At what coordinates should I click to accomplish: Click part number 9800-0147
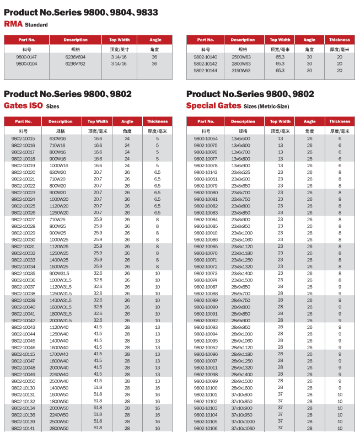pos(26,57)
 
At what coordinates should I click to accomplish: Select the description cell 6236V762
pos(76,63)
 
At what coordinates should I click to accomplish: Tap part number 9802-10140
pos(206,57)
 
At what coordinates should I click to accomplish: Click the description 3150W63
pos(241,71)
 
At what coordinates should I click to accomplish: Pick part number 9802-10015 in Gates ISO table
pos(23,138)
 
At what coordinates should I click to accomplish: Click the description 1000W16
pos(59,166)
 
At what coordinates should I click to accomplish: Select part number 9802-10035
pos(23,274)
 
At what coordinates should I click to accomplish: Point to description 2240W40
pos(59,374)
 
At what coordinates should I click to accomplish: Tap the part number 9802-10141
pos(23,428)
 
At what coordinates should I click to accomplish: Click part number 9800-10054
pos(206,138)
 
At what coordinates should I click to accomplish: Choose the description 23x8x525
pos(241,172)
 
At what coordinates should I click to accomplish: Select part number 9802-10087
pos(206,287)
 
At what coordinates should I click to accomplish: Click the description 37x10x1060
pos(243,428)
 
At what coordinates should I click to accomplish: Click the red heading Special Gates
pos(213,106)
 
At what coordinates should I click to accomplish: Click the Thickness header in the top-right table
pos(340,40)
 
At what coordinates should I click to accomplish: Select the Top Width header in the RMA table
pos(120,40)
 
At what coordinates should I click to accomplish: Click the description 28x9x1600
pos(241,388)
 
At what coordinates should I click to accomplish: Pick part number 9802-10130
pos(23,388)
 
